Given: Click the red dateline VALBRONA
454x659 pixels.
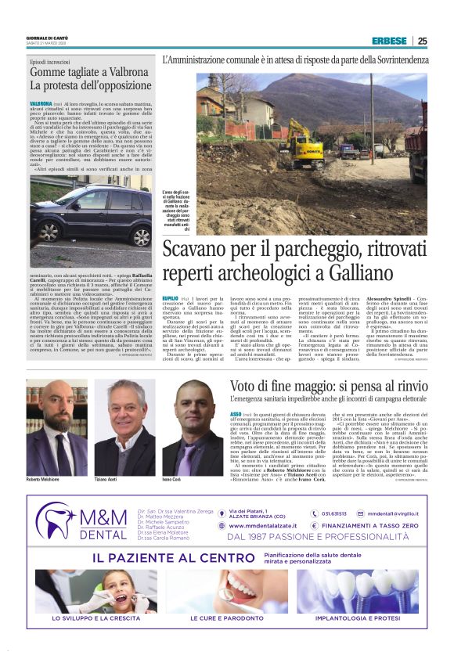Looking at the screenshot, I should pyautogui.click(x=41, y=103).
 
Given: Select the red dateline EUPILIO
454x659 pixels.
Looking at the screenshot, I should pyautogui.click(x=170, y=298).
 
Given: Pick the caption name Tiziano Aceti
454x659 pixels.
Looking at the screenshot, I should pyautogui.click(x=110, y=479).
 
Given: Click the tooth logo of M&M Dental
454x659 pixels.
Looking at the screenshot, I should pyautogui.click(x=58, y=520).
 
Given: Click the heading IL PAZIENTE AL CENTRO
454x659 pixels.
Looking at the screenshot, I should pyautogui.click(x=184, y=558).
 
